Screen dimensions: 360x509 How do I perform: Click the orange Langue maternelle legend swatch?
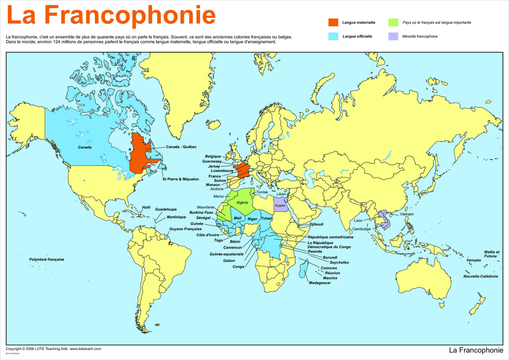(x=333, y=23)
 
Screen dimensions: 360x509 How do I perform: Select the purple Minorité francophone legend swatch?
(x=393, y=36)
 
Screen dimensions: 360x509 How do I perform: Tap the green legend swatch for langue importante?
(x=393, y=23)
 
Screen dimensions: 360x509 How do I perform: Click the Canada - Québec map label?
(x=181, y=147)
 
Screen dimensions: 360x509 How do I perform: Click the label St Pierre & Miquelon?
(x=181, y=179)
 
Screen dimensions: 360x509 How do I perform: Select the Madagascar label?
(x=320, y=283)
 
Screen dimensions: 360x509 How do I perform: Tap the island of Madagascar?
(x=303, y=269)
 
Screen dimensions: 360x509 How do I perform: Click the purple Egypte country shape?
(x=280, y=205)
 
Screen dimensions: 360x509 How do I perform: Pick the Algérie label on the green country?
(x=242, y=203)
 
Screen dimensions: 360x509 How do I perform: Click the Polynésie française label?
(x=47, y=260)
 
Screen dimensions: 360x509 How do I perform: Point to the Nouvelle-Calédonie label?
(x=480, y=277)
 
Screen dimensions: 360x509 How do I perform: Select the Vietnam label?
(x=406, y=214)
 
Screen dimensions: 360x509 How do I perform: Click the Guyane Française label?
(x=185, y=229)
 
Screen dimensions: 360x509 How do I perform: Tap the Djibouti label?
(x=316, y=224)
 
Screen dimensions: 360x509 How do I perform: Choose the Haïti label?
(x=146, y=207)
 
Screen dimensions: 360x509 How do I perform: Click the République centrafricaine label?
(x=330, y=237)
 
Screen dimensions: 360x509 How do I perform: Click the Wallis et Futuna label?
(x=491, y=254)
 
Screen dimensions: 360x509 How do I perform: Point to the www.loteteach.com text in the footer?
(x=85, y=349)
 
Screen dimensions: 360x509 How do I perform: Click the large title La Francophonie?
(x=111, y=15)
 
